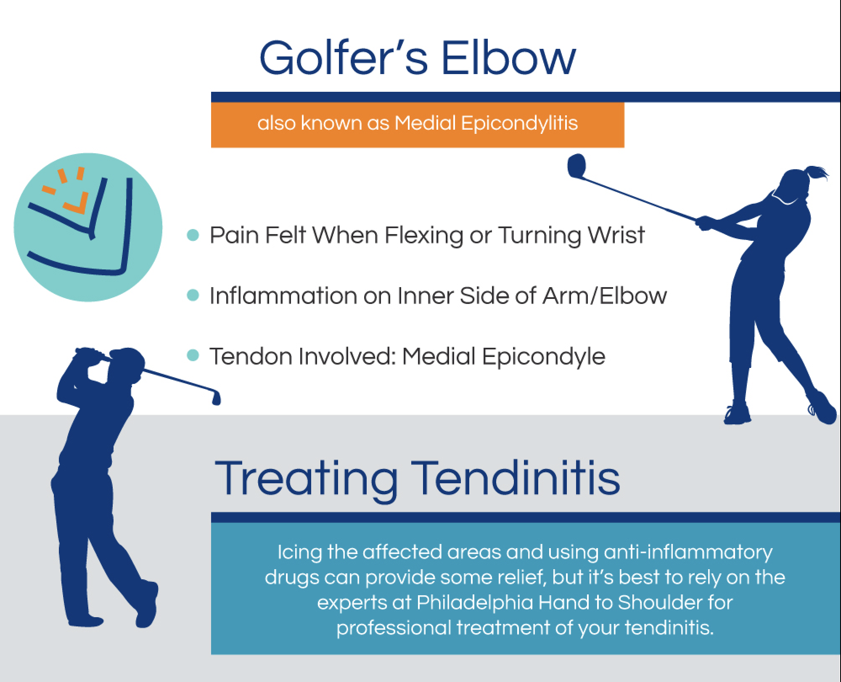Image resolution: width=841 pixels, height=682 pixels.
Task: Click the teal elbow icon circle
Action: point(88,227)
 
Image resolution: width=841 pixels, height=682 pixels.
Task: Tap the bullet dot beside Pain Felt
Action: point(193,235)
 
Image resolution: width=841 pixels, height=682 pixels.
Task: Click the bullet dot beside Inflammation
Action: point(193,296)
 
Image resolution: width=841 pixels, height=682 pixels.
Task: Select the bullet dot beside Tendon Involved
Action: point(193,356)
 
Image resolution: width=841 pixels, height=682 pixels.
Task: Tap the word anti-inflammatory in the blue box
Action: point(688,552)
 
